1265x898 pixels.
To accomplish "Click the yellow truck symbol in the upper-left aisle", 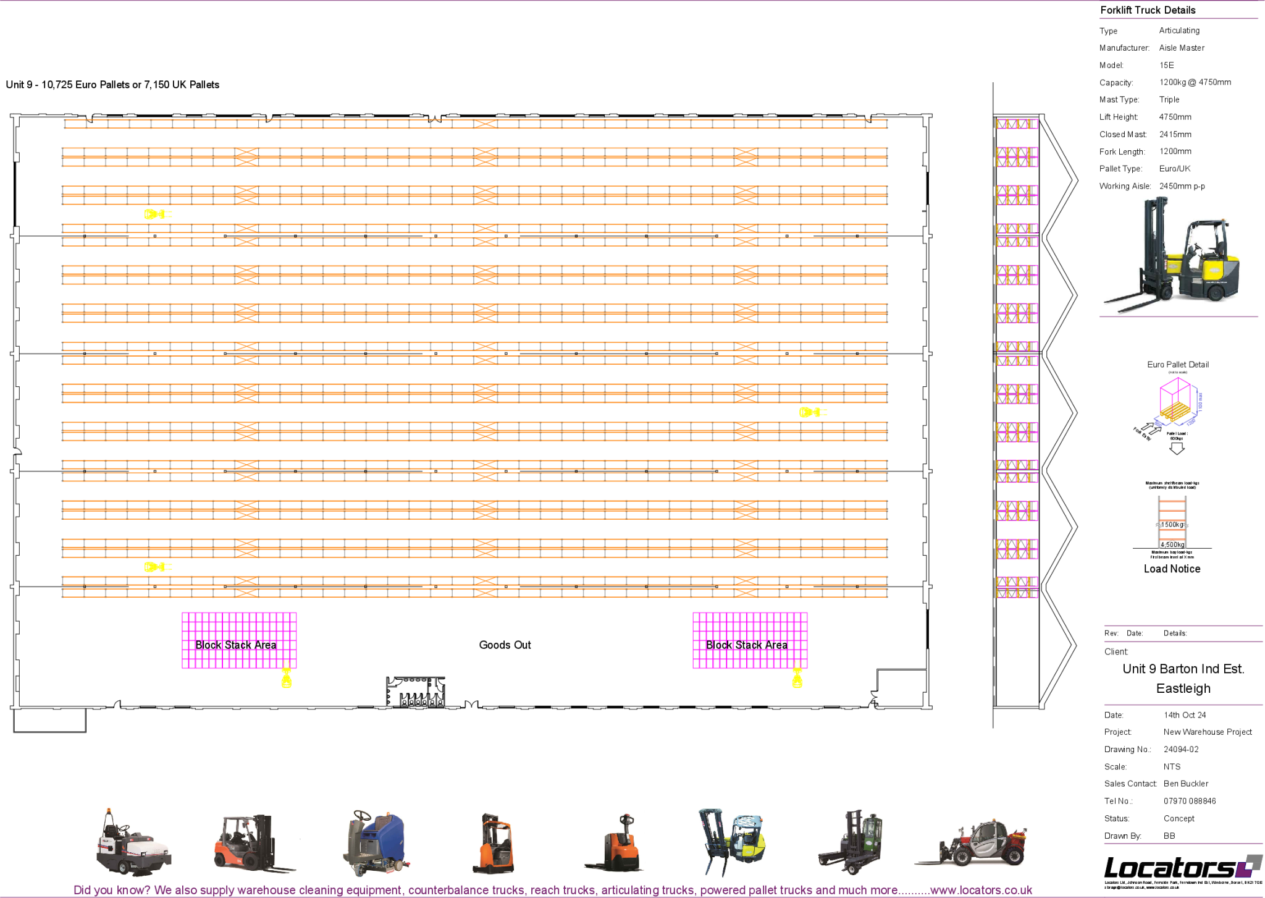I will point(158,214).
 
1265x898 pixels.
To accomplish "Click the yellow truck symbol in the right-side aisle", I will point(813,412).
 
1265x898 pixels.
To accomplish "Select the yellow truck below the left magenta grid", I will point(287,676).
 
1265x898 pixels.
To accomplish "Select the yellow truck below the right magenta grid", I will point(797,676).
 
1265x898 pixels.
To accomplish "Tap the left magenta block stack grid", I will point(239,640).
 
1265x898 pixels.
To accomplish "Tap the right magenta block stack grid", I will point(750,640).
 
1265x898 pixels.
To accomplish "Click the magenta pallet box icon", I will point(1177,402).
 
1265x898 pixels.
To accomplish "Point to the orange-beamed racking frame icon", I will point(1172,522).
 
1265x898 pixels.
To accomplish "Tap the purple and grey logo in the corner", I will point(1248,865).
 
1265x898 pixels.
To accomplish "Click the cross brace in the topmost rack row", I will point(485,124).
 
